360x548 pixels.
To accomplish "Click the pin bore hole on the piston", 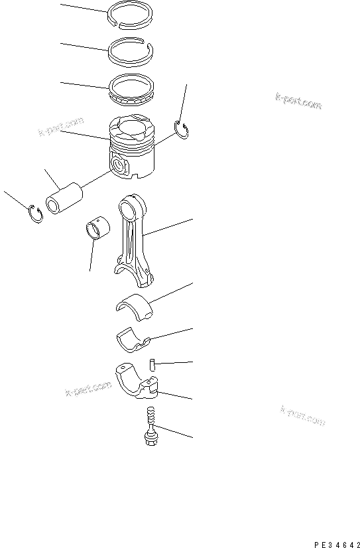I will [120, 166].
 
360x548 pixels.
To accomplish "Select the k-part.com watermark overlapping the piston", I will [61, 127].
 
